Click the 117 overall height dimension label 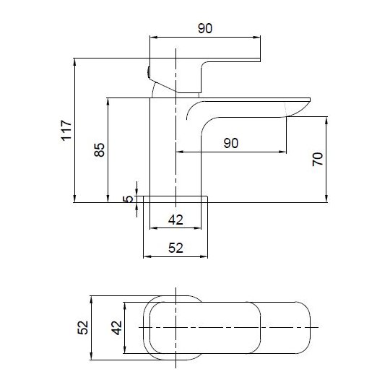coord(66,130)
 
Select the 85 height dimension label coord(100,149)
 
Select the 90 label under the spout coord(230,142)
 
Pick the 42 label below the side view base coord(175,220)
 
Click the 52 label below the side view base coord(175,248)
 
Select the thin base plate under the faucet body coord(175,199)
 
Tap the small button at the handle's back coord(147,71)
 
